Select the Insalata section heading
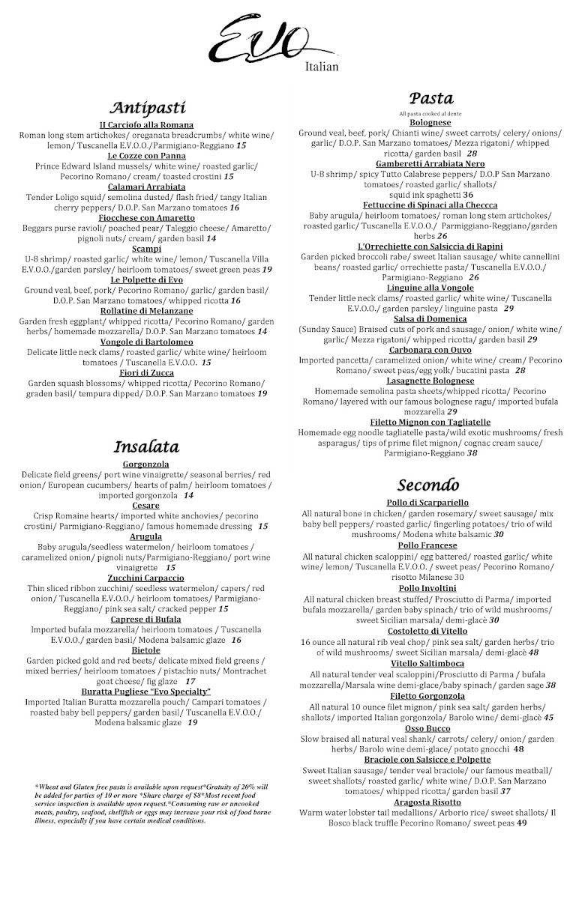146,447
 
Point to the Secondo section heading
429,483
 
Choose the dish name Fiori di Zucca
147,372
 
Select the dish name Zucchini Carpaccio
147,578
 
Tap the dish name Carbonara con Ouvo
430,350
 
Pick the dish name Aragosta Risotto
430,802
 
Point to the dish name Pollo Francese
430,546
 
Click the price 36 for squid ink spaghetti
468,194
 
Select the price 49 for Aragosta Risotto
521,823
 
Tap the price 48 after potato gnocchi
519,748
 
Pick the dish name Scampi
147,249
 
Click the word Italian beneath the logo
322,67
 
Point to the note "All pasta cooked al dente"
430,113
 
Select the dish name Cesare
147,506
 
